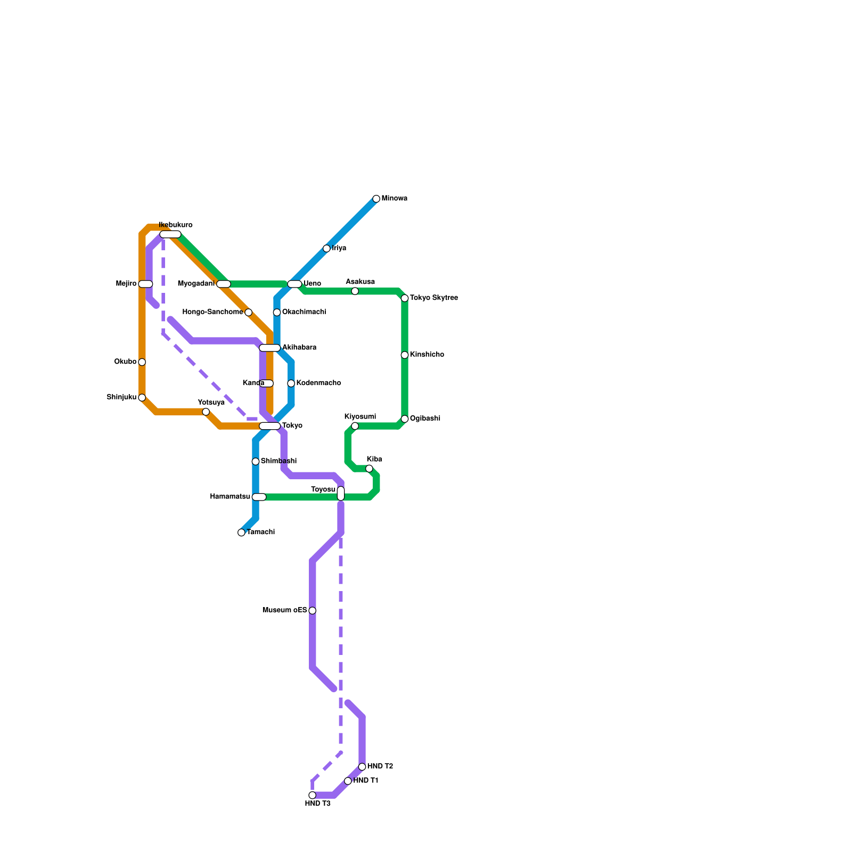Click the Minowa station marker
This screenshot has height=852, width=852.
pos(376,199)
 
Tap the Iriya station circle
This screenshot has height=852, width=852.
pos(326,248)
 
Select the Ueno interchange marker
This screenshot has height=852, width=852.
pos(294,284)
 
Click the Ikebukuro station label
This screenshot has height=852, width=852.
pos(176,225)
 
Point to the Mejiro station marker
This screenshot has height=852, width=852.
pos(145,284)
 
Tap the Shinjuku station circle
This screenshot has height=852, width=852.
pos(142,398)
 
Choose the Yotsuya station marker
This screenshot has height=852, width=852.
pos(206,412)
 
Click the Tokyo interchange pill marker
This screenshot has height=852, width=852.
pos(269,426)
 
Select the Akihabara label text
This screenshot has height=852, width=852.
pos(299,348)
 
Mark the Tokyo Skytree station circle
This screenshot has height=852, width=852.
pos(405,298)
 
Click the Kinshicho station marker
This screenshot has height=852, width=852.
pos(405,355)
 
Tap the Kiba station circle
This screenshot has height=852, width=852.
pos(369,469)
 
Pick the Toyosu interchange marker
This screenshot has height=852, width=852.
pos(341,494)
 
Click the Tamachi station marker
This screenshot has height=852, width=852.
pos(242,532)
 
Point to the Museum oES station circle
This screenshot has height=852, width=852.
pos(313,611)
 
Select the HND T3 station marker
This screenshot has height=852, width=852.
pos(313,795)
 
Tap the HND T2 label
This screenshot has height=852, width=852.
pos(380,767)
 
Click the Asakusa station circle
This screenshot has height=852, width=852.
pos(355,291)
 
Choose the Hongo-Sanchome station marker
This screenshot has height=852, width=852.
pos(248,312)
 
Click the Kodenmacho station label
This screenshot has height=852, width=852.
pos(318,383)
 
